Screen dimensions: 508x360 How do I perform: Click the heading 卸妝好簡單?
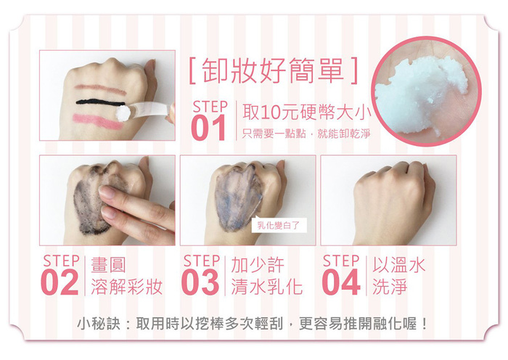tap(273, 70)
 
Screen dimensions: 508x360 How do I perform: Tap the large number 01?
tap(209, 128)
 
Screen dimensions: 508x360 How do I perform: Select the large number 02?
tap(60, 282)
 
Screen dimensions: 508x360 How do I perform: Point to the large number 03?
tap(200, 282)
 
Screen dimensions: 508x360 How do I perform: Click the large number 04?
tap(341, 282)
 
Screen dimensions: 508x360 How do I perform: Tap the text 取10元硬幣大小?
tap(307, 112)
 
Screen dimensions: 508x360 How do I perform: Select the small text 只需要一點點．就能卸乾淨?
tap(306, 134)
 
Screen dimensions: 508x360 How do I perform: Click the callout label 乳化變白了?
tap(279, 225)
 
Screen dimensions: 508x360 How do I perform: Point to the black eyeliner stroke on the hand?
tap(100, 102)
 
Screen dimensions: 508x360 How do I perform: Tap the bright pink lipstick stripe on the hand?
tap(98, 121)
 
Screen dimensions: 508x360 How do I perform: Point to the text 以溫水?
tap(398, 265)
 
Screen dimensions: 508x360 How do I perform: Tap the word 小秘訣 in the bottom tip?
tap(99, 324)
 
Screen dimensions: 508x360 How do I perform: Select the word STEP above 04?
tap(341, 261)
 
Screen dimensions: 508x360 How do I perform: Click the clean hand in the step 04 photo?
tap(393, 202)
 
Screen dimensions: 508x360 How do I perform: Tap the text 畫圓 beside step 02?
tap(108, 265)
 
